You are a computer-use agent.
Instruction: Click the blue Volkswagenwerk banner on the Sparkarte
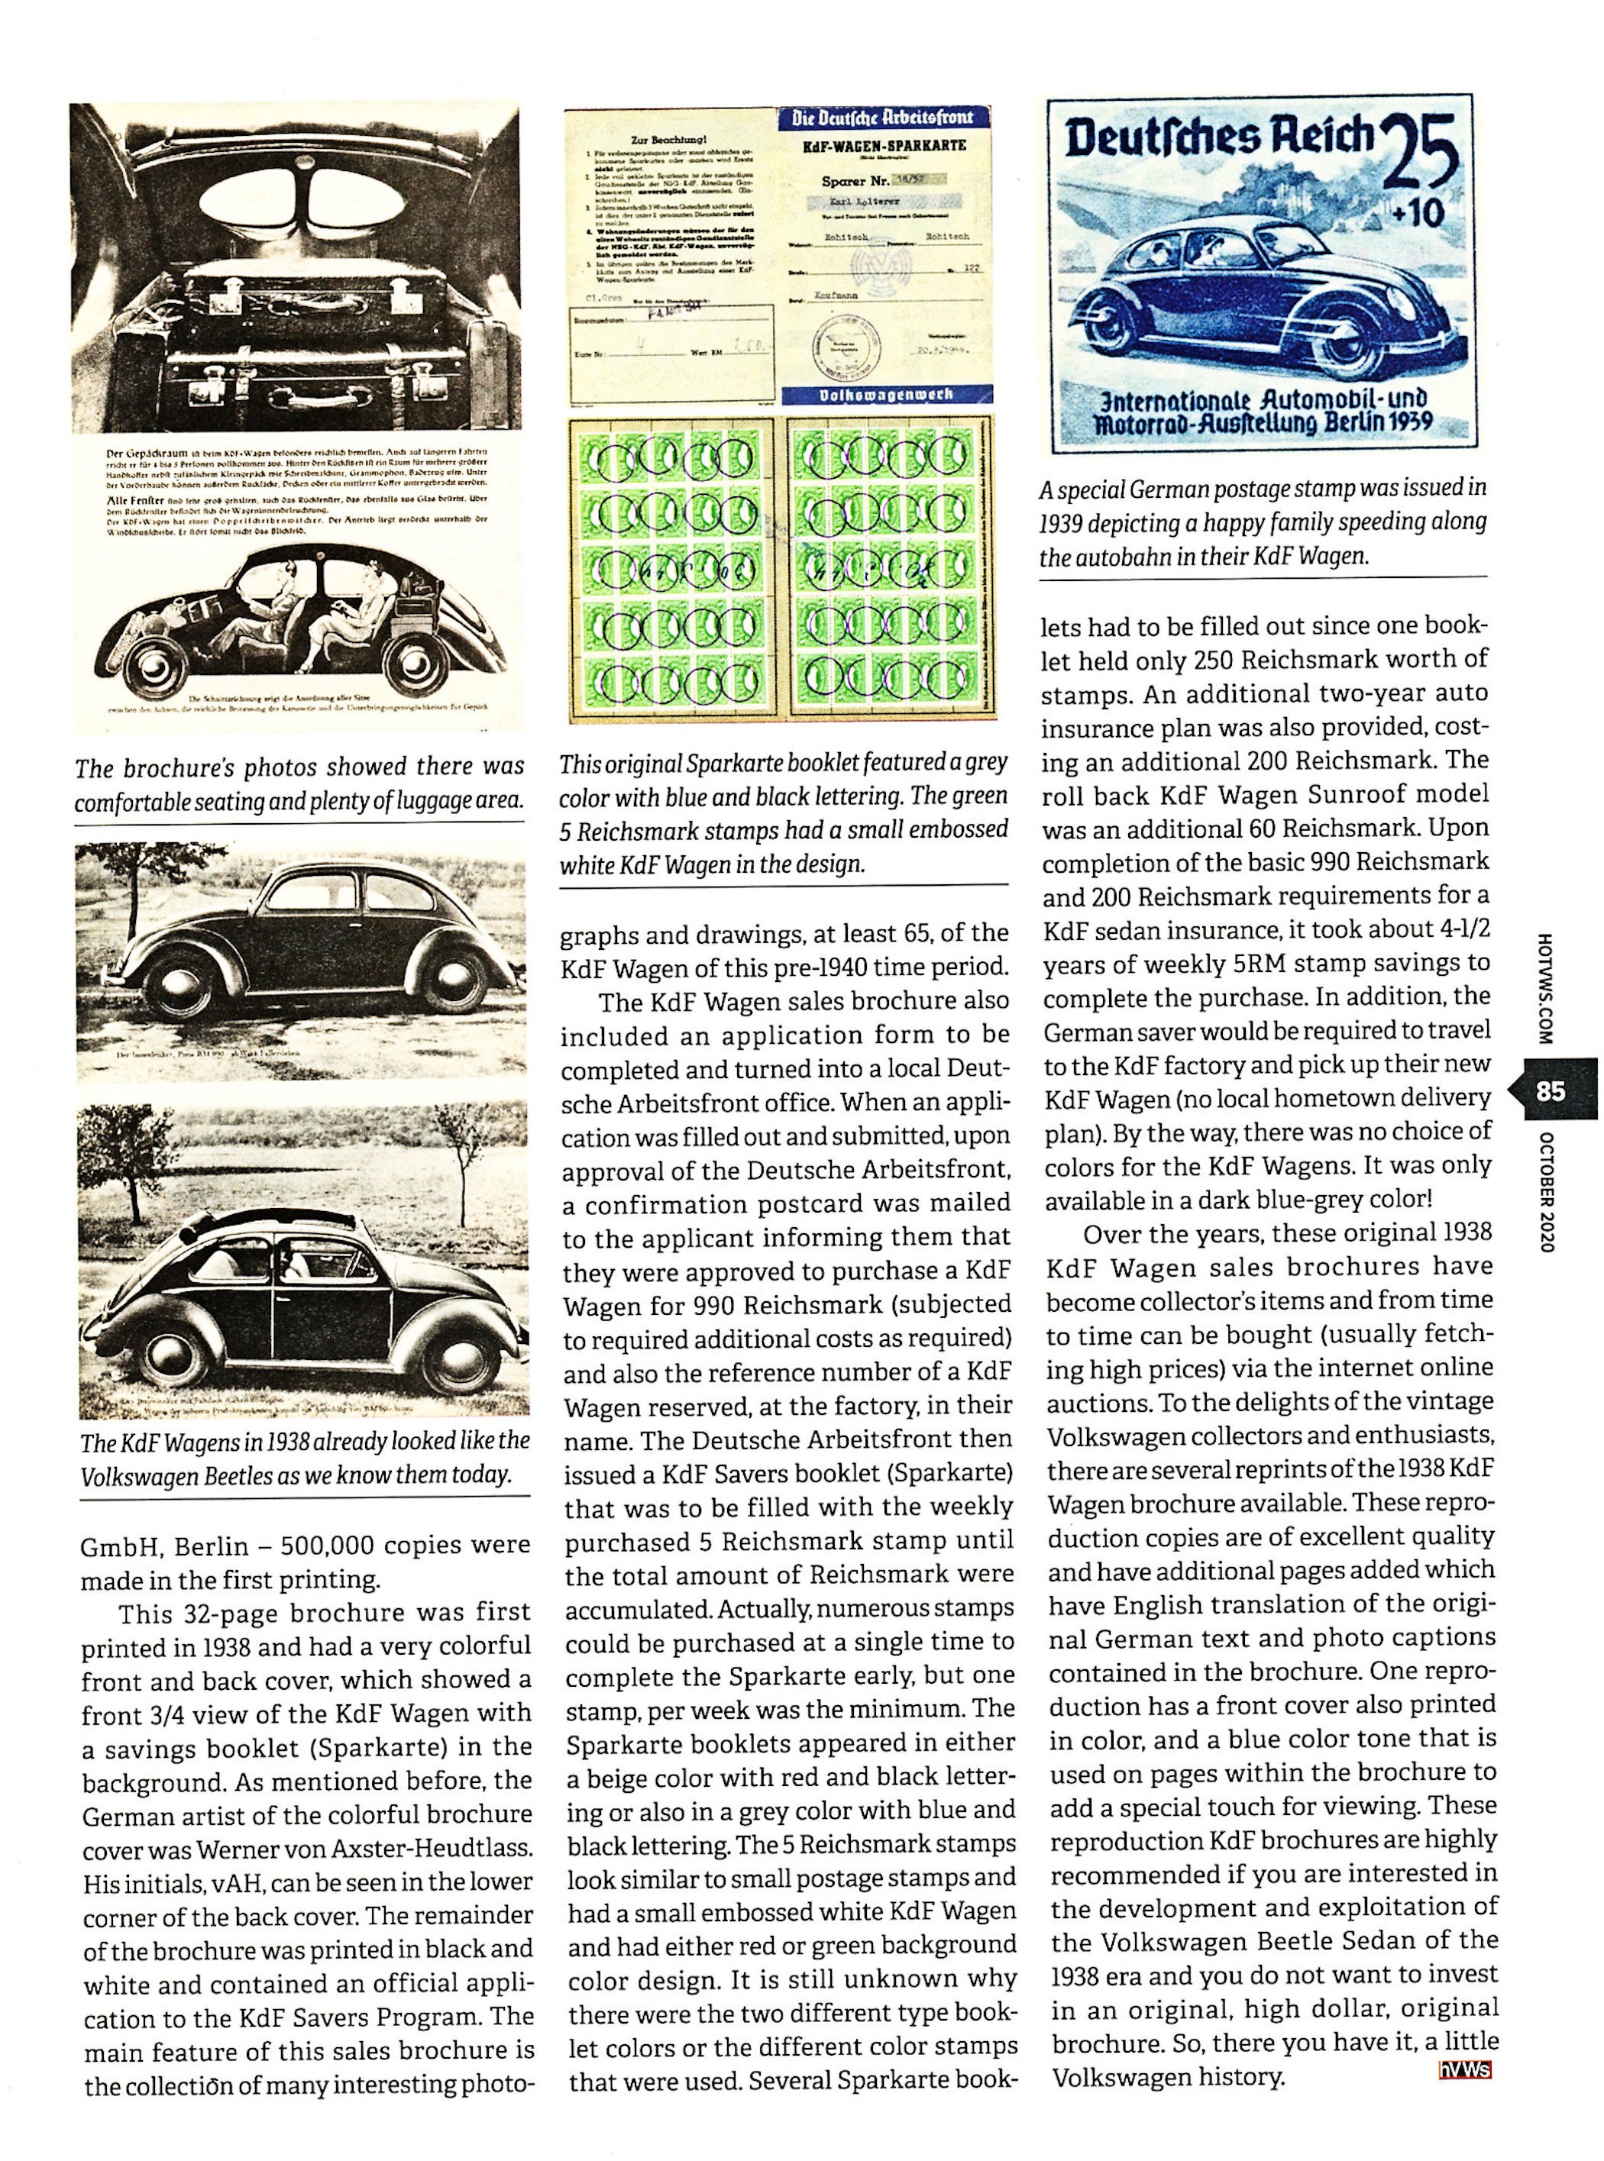pyautogui.click(x=887, y=395)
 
